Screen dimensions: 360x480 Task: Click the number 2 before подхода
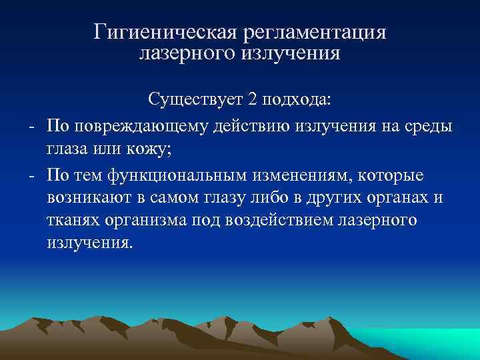(252, 101)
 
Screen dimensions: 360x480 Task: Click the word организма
(140, 221)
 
